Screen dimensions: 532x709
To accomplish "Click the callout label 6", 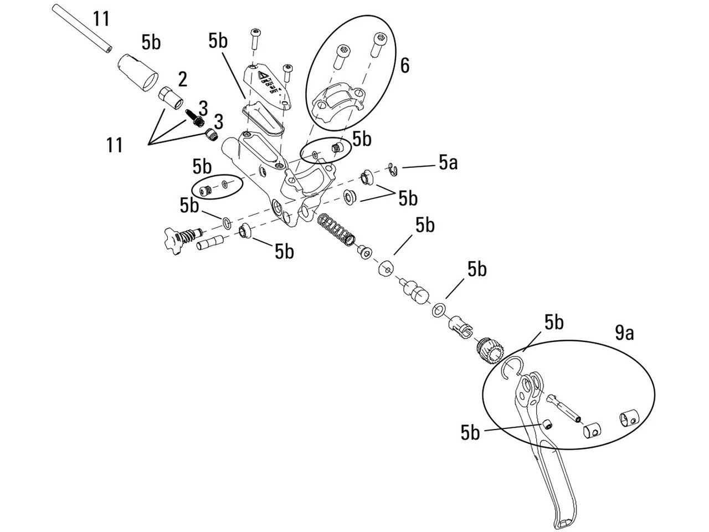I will click(x=405, y=65).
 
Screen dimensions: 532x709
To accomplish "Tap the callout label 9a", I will click(x=624, y=333).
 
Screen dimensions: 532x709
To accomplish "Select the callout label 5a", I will click(x=448, y=163).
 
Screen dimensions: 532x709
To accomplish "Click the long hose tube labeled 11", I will click(x=81, y=28).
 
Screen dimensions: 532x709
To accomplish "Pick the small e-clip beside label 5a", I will click(x=393, y=170).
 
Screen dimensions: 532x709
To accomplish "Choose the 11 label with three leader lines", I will click(x=115, y=145).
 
